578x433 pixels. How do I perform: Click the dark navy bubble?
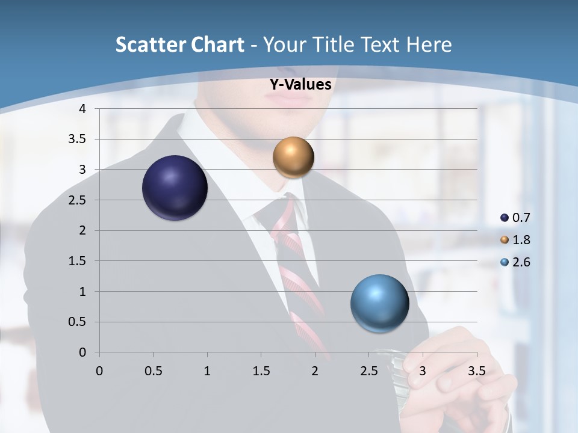tap(175, 188)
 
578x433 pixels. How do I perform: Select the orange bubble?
tap(293, 157)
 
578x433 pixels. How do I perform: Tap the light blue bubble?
tap(379, 303)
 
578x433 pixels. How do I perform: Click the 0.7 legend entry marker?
tap(505, 218)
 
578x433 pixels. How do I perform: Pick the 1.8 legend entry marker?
tap(505, 240)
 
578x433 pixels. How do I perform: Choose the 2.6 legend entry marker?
tap(505, 262)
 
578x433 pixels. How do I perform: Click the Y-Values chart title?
tap(300, 85)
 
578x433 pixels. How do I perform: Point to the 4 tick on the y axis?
tap(83, 109)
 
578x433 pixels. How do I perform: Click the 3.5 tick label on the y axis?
tap(78, 139)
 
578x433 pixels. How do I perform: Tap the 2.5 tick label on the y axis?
tap(78, 200)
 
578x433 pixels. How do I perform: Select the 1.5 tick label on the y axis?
tap(78, 261)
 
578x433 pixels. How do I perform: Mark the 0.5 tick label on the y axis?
tap(78, 322)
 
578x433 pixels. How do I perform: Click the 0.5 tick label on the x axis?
tap(153, 371)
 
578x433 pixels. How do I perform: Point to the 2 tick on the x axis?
tap(315, 371)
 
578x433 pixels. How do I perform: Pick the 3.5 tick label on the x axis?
tap(476, 371)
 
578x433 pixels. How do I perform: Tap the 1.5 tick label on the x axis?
tap(261, 371)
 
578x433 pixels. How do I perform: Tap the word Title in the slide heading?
tap(334, 45)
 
